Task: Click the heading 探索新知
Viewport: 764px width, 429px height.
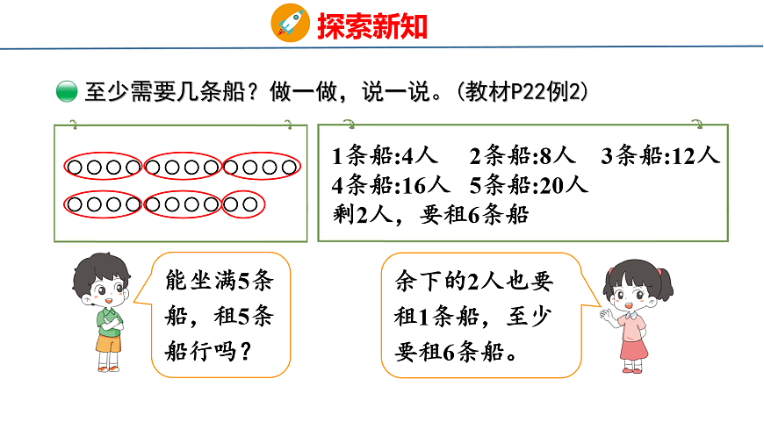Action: point(371,25)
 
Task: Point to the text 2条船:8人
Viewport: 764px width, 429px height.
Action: point(523,157)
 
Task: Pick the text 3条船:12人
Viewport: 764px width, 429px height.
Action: point(660,157)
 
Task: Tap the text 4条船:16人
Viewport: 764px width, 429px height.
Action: point(392,186)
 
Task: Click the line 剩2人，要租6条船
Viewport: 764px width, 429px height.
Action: point(431,214)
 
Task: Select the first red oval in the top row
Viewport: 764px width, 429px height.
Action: point(103,166)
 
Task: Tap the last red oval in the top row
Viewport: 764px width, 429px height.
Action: point(262,166)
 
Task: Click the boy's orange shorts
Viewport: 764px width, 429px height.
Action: point(109,344)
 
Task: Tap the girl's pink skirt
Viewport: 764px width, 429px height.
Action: point(633,347)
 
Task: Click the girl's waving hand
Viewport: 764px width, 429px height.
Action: point(605,311)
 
